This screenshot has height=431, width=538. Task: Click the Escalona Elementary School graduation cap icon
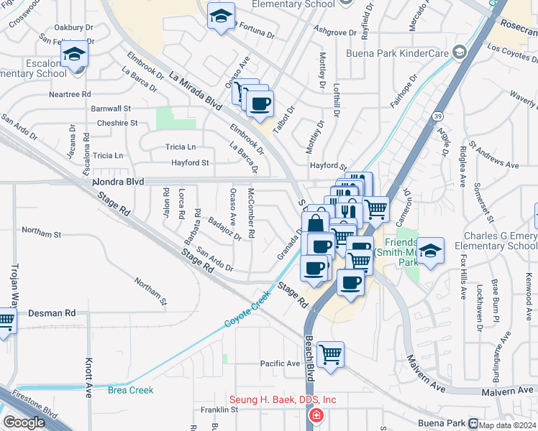74,55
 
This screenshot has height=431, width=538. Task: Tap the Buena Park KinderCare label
407,53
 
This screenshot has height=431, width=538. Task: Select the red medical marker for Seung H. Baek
316,415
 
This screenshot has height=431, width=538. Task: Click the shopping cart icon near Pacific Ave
330,353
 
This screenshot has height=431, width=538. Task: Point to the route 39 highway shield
438,116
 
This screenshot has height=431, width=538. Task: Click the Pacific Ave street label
280,363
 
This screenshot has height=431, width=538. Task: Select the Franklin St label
219,409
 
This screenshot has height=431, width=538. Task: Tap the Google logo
24,422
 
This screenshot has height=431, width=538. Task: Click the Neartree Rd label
70,94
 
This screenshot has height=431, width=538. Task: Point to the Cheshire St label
117,123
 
